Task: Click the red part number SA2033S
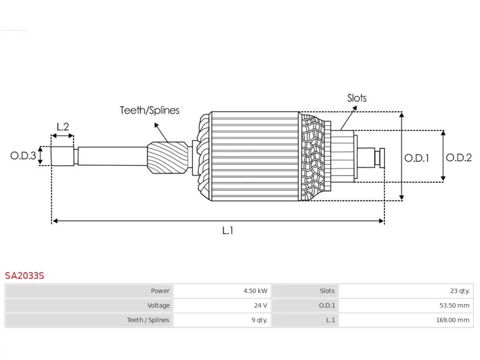pyautogui.click(x=24, y=276)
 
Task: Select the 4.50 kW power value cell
pyautogui.click(x=222, y=291)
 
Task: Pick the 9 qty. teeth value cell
pyautogui.click(x=222, y=320)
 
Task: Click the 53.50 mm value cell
pyautogui.click(x=406, y=305)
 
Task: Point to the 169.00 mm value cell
pyautogui.click(x=406, y=320)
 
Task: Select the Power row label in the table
pyautogui.click(x=160, y=291)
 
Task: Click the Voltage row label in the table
pyautogui.click(x=158, y=305)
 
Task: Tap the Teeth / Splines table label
pyautogui.click(x=148, y=320)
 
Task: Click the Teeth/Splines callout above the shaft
pyautogui.click(x=150, y=110)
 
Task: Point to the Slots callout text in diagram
pyautogui.click(x=357, y=98)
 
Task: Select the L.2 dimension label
pyautogui.click(x=63, y=127)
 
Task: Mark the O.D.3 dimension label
pyautogui.click(x=23, y=156)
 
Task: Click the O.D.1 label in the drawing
pyautogui.click(x=416, y=158)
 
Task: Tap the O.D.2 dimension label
pyautogui.click(x=459, y=157)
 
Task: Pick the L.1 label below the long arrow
pyautogui.click(x=227, y=231)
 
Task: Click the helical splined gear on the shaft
pyautogui.click(x=168, y=158)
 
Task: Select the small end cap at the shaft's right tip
pyautogui.click(x=382, y=158)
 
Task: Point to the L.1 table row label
pyautogui.click(x=330, y=320)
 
